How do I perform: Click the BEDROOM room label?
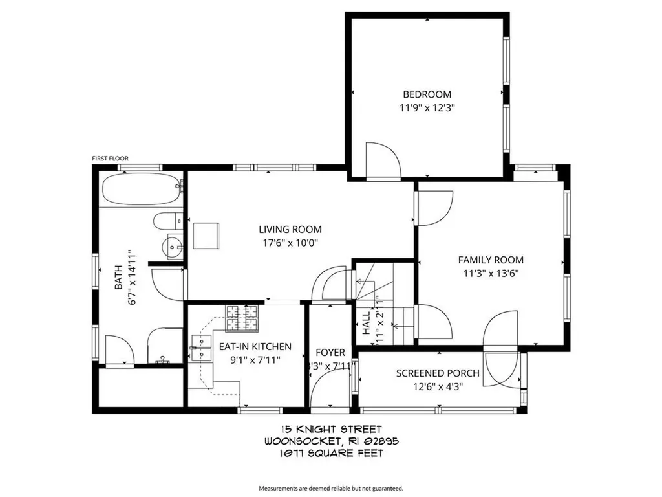pos(427,94)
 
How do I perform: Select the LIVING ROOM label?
pos(290,230)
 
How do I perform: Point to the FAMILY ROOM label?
pos(491,260)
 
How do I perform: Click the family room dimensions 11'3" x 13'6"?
pos(491,273)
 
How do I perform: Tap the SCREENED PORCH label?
pos(438,373)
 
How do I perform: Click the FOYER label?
pos(330,353)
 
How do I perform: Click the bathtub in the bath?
pos(142,189)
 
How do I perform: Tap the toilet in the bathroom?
pos(167,221)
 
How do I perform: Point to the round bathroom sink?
pos(173,246)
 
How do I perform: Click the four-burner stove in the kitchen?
pos(241,317)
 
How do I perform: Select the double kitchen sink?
pos(202,348)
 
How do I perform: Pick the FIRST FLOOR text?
pos(111,159)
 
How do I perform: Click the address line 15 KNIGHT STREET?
pos(331,429)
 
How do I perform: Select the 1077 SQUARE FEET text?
pos(331,453)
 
